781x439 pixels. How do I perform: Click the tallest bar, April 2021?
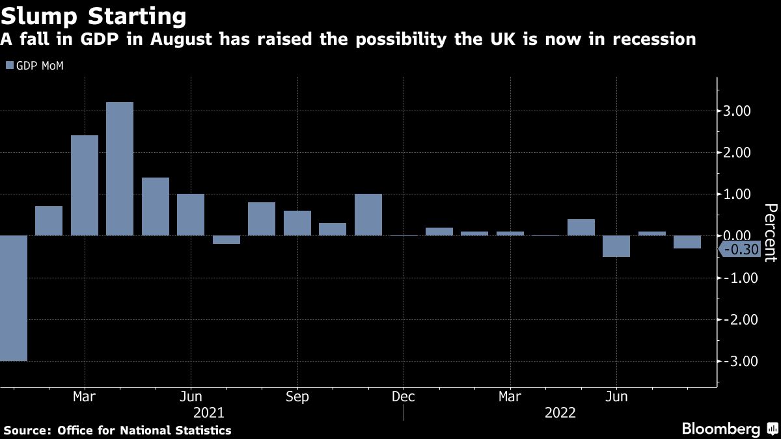tap(120, 169)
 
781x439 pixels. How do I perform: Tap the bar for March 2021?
tap(85, 185)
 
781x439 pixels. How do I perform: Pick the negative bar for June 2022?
tap(616, 246)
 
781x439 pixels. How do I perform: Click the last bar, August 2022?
tap(687, 242)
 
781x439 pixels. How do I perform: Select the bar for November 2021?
tap(368, 215)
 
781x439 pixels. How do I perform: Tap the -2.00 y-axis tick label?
tap(737, 319)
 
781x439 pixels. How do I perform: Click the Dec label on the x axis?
tap(404, 397)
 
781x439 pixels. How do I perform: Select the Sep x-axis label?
tap(297, 397)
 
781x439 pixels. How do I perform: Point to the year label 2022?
tap(560, 412)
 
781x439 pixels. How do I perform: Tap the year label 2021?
tap(209, 412)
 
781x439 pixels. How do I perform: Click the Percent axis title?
tap(770, 232)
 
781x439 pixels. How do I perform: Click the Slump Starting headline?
tap(94, 15)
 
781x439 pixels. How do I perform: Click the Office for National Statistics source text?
tap(144, 430)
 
